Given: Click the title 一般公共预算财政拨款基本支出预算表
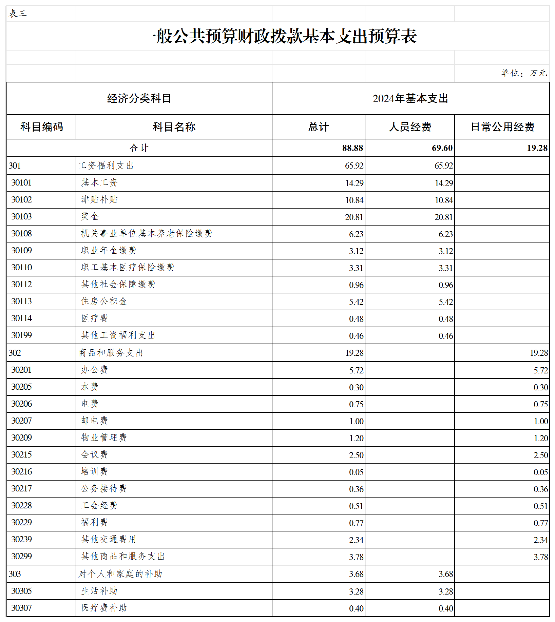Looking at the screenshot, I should pyautogui.click(x=278, y=36).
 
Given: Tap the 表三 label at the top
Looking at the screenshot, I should pyautogui.click(x=18, y=14).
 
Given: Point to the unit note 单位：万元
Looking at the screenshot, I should pyautogui.click(x=524, y=73).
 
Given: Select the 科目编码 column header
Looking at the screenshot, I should pyautogui.click(x=41, y=127).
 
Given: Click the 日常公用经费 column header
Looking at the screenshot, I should pyautogui.click(x=502, y=127).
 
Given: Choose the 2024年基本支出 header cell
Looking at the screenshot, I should pyautogui.click(x=410, y=98).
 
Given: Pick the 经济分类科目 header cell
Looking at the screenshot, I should pyautogui.click(x=139, y=98).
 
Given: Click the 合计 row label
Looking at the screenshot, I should pyautogui.click(x=139, y=148).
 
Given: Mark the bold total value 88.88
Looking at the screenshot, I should pyautogui.click(x=352, y=148).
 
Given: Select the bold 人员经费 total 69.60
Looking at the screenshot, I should pyautogui.click(x=442, y=148).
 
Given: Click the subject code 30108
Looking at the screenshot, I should pyautogui.click(x=21, y=233).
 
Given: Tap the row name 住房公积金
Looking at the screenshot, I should pyautogui.click(x=104, y=301).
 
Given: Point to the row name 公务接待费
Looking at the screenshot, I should pyautogui.click(x=104, y=488).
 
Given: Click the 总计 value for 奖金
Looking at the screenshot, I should pyautogui.click(x=354, y=217).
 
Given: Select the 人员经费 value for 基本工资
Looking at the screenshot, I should pyautogui.click(x=444, y=183).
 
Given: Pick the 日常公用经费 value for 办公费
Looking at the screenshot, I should pyautogui.click(x=541, y=370).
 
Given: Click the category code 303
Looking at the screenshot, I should pyautogui.click(x=15, y=574).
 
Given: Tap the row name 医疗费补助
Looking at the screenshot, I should pyautogui.click(x=104, y=608).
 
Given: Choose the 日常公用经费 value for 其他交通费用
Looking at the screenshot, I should pyautogui.click(x=541, y=540).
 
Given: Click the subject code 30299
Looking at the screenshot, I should pyautogui.click(x=21, y=556).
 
